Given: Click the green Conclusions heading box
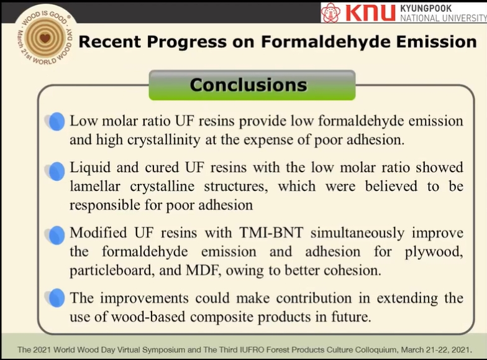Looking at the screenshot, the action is tap(252, 85).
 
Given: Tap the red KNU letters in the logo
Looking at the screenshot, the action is tap(370, 13).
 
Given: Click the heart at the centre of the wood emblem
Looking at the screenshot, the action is tap(45, 39).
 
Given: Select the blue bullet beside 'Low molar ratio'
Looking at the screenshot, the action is tap(56, 121).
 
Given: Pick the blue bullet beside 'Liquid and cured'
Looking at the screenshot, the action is tap(56, 172).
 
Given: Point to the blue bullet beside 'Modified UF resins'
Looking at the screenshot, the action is tap(56, 235).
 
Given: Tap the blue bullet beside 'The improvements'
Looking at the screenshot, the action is tap(56, 298).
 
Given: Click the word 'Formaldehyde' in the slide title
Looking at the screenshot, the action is tap(325, 42).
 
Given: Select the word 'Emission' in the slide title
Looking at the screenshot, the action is tap(436, 42).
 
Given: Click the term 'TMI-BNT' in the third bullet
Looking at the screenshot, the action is tap(271, 233).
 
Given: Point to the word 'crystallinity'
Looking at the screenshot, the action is tap(164, 141).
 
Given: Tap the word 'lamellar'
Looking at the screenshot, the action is tap(94, 187).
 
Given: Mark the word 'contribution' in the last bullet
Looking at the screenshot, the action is tap(314, 298).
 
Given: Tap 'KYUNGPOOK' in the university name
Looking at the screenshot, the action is tap(426, 8).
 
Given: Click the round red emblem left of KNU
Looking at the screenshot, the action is tap(330, 12).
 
